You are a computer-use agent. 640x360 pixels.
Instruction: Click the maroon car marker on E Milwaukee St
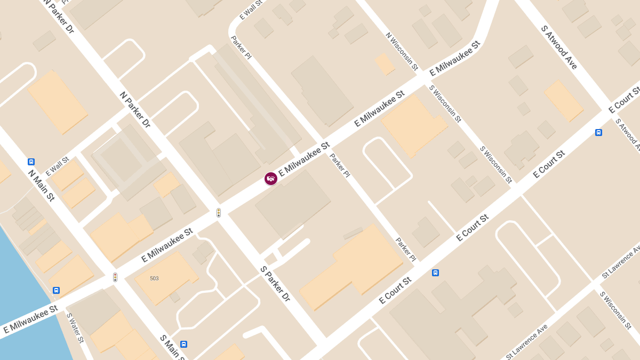click(x=271, y=179)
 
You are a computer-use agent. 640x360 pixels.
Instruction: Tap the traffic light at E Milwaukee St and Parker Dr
click(x=219, y=213)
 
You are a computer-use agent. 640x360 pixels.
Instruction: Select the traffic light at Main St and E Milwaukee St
click(x=115, y=277)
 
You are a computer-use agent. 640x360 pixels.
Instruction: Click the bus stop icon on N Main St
click(x=31, y=162)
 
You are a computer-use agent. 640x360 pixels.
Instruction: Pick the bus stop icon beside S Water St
click(x=56, y=290)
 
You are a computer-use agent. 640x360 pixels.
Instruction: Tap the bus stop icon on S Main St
click(x=183, y=344)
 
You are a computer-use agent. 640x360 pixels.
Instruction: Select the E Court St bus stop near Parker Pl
click(x=435, y=273)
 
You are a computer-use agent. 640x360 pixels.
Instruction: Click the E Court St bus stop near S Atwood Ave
click(x=598, y=132)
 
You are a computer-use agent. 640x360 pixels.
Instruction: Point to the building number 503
click(x=154, y=278)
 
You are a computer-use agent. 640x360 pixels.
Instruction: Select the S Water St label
click(x=75, y=327)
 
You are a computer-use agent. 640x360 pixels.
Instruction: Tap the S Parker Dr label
click(x=275, y=284)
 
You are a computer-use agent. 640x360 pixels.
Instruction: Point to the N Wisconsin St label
click(x=402, y=52)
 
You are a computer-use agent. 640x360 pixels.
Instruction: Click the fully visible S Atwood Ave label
click(x=559, y=47)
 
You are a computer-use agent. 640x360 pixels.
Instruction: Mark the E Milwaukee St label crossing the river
click(x=30, y=319)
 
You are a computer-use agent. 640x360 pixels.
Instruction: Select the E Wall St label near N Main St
click(x=58, y=166)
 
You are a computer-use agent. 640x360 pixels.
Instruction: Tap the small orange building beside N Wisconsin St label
click(x=385, y=64)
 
